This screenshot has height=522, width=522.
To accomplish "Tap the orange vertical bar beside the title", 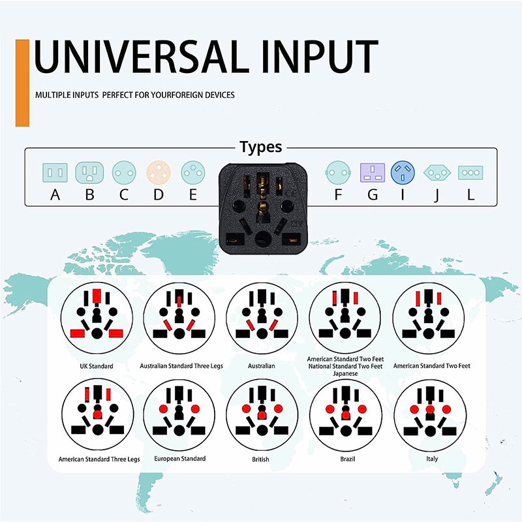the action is [23, 83].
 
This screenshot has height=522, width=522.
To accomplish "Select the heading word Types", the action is [260, 147].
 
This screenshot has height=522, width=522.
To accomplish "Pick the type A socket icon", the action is [55, 173].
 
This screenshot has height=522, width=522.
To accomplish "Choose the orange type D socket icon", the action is [159, 173].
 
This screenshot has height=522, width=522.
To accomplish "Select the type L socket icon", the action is [470, 173].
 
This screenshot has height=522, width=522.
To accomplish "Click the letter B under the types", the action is [89, 194].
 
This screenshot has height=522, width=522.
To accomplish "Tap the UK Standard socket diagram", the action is [97, 318].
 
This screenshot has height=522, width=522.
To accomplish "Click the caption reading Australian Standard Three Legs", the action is [181, 366].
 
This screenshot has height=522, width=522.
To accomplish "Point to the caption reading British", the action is [261, 459].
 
